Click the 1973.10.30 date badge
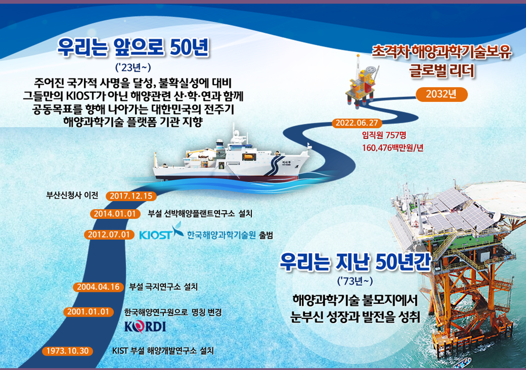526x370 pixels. pos(68,351)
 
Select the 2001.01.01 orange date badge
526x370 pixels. pos(89,312)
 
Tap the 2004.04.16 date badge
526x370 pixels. pos(98,287)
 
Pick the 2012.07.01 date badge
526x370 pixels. pos(109,235)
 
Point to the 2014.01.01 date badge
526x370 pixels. pos(115,214)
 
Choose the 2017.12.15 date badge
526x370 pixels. pos(131,196)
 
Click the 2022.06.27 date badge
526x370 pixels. pos(357,123)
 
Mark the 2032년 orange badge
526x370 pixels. pos(441,95)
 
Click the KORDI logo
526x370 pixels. pos(145,326)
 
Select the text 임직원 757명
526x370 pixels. pos(384,135)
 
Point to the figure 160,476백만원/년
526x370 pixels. pos(393,148)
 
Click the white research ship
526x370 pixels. pos(231,160)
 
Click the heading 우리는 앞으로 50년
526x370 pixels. pos(133,48)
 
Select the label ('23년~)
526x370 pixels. pos(133,68)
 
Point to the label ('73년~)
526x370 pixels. pos(355,281)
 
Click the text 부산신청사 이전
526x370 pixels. pos(72,195)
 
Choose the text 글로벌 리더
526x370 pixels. pos(442,71)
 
